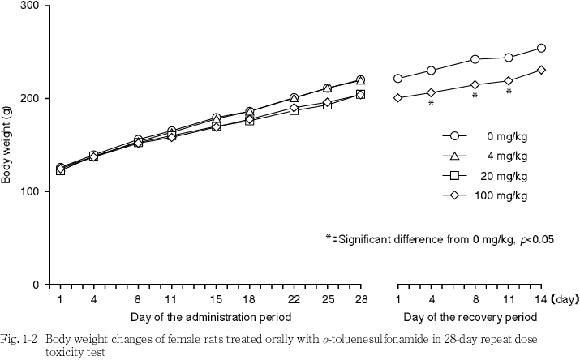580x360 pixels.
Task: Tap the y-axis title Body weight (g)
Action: tap(8, 145)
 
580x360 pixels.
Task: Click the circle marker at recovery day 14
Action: tap(541, 49)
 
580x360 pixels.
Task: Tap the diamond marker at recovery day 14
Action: tap(541, 70)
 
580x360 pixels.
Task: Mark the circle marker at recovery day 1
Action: tap(397, 79)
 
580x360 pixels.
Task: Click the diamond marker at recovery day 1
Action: tap(397, 98)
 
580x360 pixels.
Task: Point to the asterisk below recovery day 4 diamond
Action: tap(431, 104)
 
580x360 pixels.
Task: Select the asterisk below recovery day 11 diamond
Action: tap(509, 92)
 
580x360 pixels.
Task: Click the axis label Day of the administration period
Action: tap(211, 315)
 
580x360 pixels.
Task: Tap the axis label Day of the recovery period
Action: tap(470, 315)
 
